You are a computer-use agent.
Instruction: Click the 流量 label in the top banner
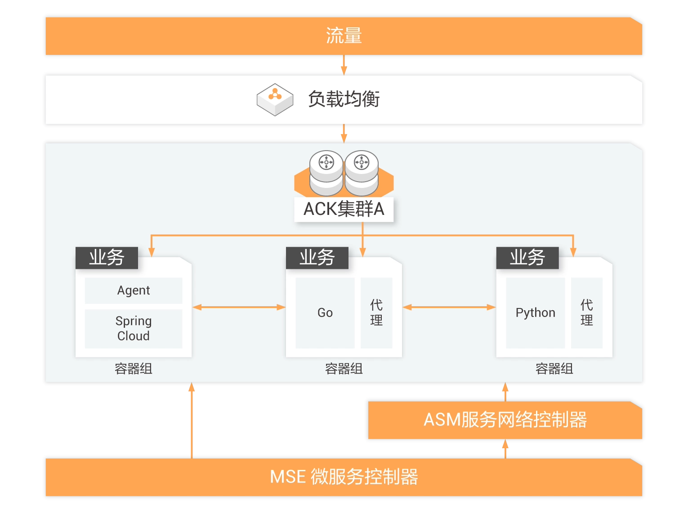click(x=344, y=36)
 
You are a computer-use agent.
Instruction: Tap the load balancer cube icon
click(x=275, y=99)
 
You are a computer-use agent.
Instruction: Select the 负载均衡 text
click(x=344, y=99)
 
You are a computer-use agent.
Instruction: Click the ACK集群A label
click(x=344, y=209)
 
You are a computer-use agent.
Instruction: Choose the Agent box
click(x=134, y=290)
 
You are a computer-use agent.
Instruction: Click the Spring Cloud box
click(x=134, y=328)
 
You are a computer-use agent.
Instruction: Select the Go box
click(x=325, y=312)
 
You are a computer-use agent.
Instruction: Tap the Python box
click(x=535, y=312)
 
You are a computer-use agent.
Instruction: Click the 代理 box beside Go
click(x=376, y=312)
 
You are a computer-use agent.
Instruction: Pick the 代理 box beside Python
click(x=586, y=312)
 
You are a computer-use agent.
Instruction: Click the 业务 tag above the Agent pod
click(x=107, y=258)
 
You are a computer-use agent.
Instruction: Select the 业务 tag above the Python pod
click(x=527, y=258)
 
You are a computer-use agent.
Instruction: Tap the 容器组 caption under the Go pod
click(x=344, y=369)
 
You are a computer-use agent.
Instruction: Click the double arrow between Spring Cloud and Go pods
click(x=239, y=307)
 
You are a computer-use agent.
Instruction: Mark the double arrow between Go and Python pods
click(x=449, y=307)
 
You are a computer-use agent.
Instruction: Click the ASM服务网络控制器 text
click(x=505, y=420)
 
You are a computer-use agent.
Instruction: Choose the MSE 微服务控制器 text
click(x=344, y=477)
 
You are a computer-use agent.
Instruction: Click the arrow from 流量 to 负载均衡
click(x=344, y=66)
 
